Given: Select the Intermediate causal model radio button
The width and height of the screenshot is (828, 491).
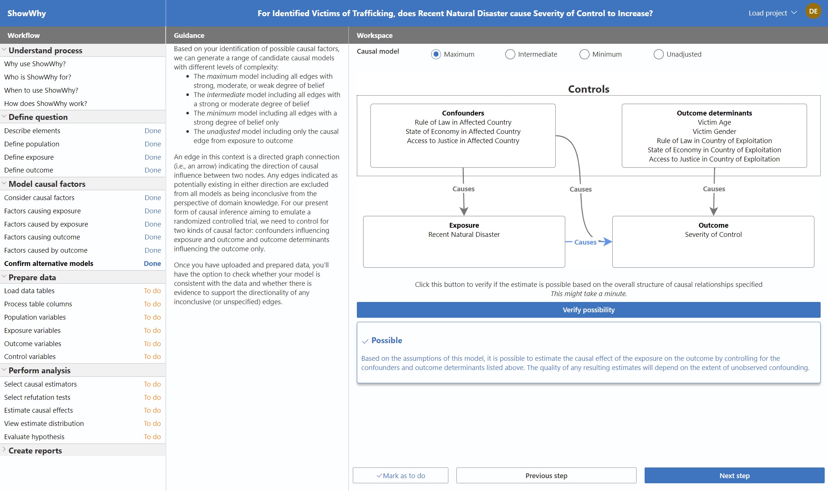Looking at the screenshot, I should pyautogui.click(x=510, y=54).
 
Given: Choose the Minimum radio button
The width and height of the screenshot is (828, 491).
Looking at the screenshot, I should pyautogui.click(x=584, y=54).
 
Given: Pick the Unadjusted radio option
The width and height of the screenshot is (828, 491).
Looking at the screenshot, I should pyautogui.click(x=659, y=54).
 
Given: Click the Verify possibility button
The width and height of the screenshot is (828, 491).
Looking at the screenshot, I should pyautogui.click(x=588, y=310).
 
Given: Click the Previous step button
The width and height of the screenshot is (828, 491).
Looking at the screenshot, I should pyautogui.click(x=546, y=476).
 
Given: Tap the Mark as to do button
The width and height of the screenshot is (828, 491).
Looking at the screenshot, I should pyautogui.click(x=400, y=476).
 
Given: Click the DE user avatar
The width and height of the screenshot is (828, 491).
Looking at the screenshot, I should pyautogui.click(x=813, y=11).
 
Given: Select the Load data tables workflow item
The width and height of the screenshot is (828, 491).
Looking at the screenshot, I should pyautogui.click(x=29, y=291).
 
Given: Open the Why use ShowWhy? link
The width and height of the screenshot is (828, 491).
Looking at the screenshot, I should pyautogui.click(x=35, y=64).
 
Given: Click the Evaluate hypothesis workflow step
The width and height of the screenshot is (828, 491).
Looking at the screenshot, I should pyautogui.click(x=34, y=437).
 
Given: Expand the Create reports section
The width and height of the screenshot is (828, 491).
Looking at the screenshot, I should pyautogui.click(x=35, y=451).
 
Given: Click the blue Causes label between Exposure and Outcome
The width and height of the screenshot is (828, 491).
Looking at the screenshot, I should pyautogui.click(x=585, y=242).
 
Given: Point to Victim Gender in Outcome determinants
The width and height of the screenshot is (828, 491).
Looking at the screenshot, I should pyautogui.click(x=714, y=131).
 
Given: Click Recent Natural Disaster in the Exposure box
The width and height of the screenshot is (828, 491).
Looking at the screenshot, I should pyautogui.click(x=464, y=234).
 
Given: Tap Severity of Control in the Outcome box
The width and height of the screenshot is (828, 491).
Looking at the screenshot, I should pyautogui.click(x=713, y=234).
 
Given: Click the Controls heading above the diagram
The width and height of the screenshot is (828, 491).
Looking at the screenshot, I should pyautogui.click(x=588, y=89).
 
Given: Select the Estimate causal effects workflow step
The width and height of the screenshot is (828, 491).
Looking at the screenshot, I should pyautogui.click(x=39, y=410).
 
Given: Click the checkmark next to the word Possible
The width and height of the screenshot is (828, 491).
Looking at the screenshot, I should pyautogui.click(x=365, y=341).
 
